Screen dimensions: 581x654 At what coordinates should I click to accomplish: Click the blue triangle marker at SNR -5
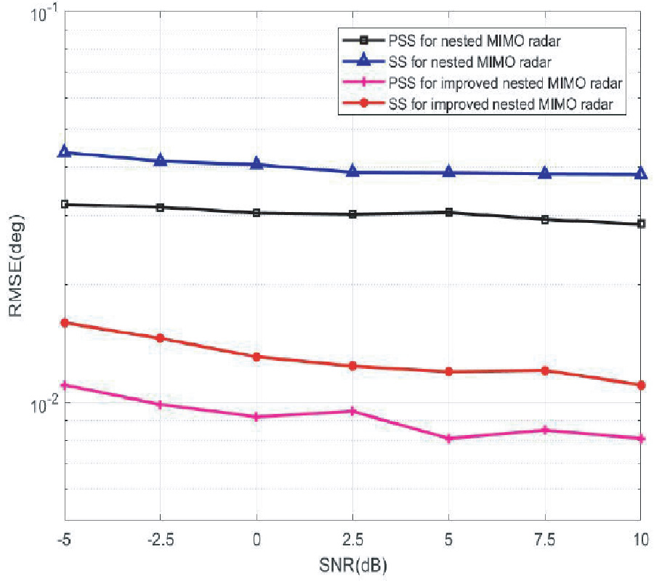tap(65, 152)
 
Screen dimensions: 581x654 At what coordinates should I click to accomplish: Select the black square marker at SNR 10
tap(641, 224)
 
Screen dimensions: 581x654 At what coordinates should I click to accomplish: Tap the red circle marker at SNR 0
tap(257, 357)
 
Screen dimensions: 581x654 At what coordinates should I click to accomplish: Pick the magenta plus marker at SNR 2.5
tap(352, 411)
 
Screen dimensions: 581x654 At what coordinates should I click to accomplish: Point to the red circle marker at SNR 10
tap(641, 385)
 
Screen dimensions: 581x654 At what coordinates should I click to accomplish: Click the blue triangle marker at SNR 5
tap(449, 172)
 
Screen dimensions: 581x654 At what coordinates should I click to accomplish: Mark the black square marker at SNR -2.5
tap(161, 207)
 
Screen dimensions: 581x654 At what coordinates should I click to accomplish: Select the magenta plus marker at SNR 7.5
tap(545, 430)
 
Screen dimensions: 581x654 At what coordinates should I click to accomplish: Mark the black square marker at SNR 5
tap(449, 212)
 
